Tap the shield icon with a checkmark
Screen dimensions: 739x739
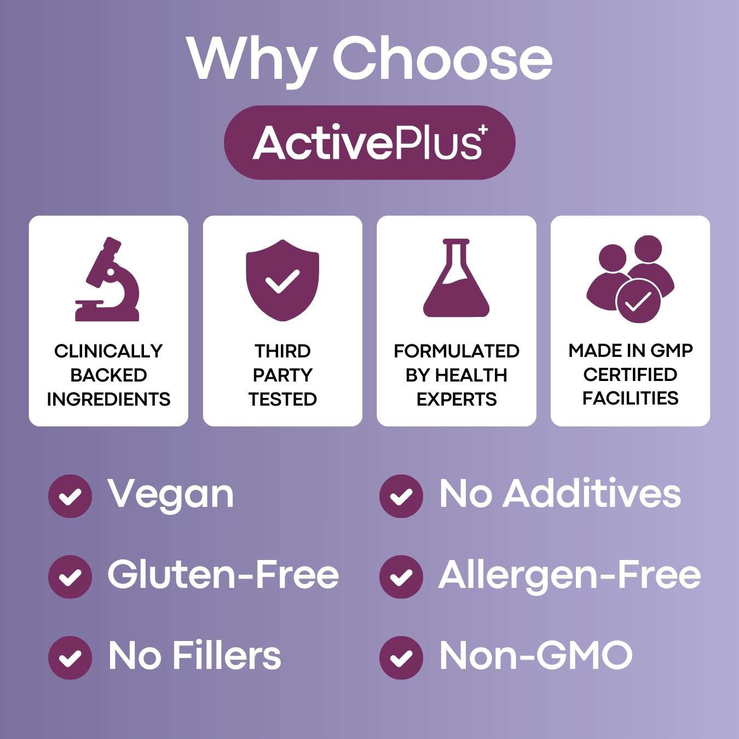pos(282,280)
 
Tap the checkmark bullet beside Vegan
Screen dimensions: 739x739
pos(70,496)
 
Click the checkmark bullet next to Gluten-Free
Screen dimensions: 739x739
pos(70,576)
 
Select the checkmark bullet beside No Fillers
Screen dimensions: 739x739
pos(70,657)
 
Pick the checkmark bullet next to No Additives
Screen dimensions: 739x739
pos(401,496)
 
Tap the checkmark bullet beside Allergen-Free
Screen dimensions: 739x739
pos(401,576)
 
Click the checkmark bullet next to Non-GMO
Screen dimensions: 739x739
pos(401,657)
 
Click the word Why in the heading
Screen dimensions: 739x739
pos(252,59)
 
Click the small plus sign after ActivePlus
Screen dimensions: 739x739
pos(482,130)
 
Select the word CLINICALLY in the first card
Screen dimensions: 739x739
pos(108,351)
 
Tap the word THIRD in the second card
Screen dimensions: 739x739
pos(282,351)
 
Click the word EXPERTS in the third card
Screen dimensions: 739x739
pos(457,399)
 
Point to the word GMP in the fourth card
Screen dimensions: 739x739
pos(672,350)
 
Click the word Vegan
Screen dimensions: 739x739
pos(171,494)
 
